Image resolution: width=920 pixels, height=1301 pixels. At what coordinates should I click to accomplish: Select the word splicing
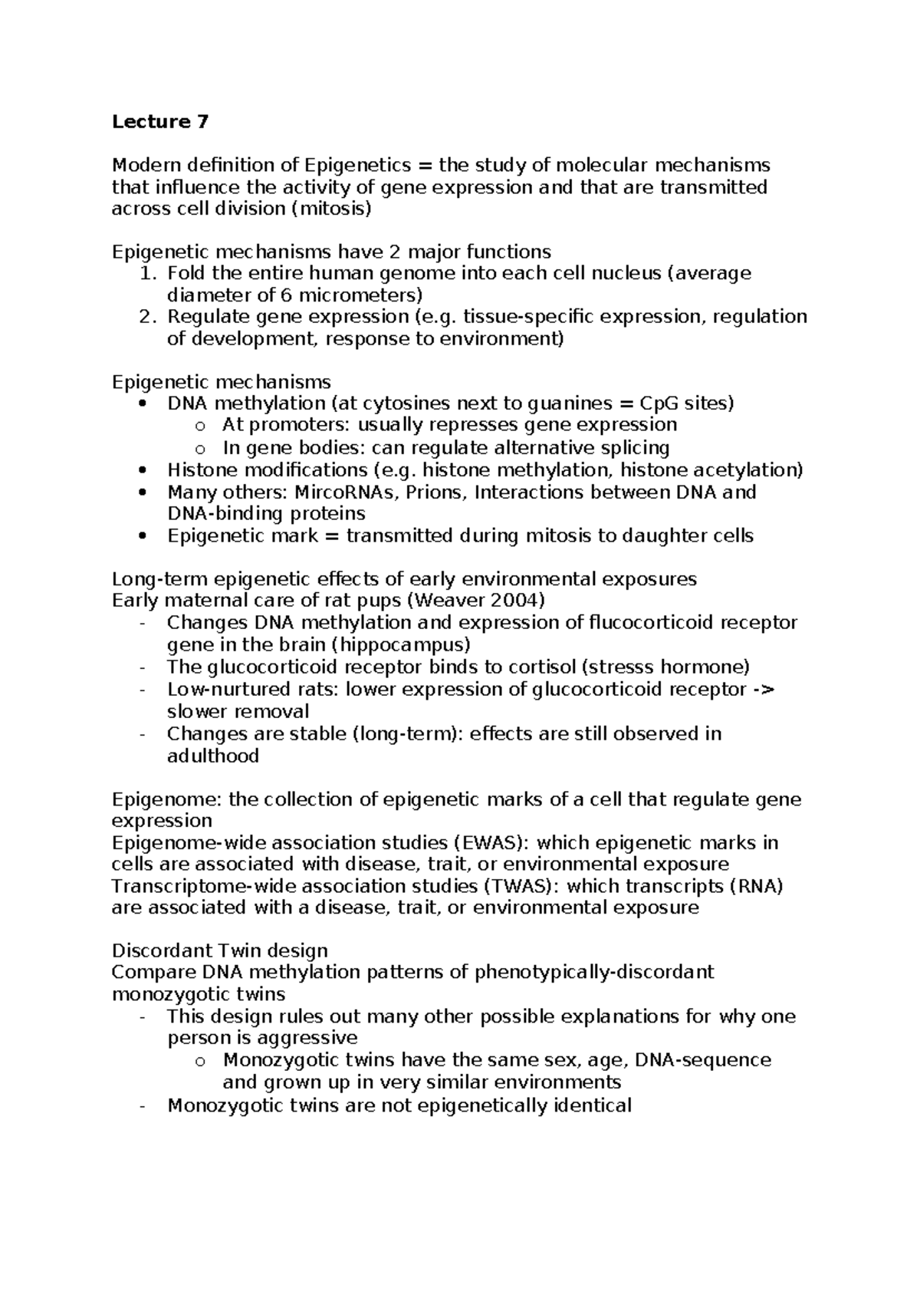(634, 448)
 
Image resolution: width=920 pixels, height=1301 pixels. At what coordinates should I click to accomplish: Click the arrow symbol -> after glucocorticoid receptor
(764, 690)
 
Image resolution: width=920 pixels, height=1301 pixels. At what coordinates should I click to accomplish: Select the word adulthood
(213, 756)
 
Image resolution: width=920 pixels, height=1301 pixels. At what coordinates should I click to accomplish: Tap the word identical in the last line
(592, 1106)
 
